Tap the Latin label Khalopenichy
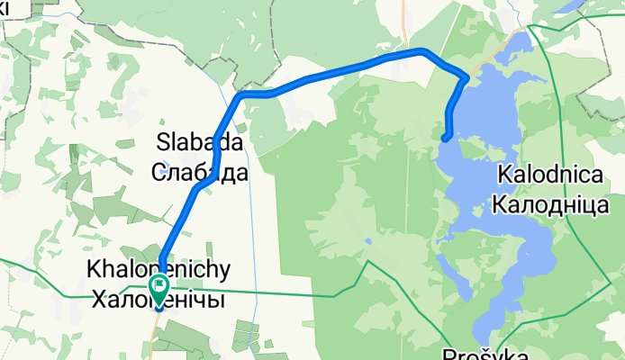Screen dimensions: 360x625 click(159, 269)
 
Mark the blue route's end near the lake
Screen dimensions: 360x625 click(446, 137)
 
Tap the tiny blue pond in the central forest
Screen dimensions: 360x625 click(369, 241)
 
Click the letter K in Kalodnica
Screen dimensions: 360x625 click(501, 176)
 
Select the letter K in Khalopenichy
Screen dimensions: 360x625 click(91, 269)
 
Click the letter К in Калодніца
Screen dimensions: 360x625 click(500, 205)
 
